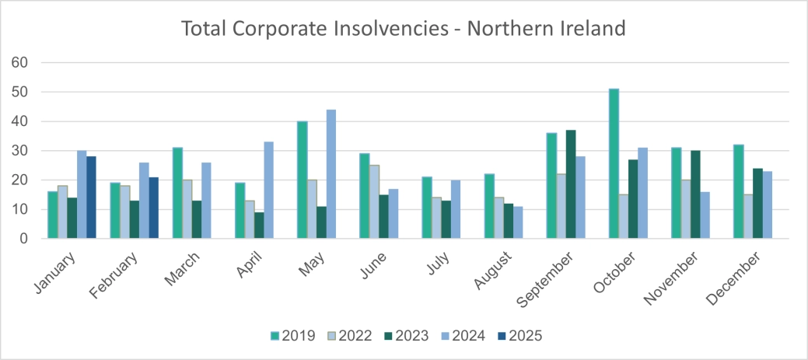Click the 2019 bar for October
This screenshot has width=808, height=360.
pos(614,164)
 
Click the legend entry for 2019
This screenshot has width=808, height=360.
pos(291,336)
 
